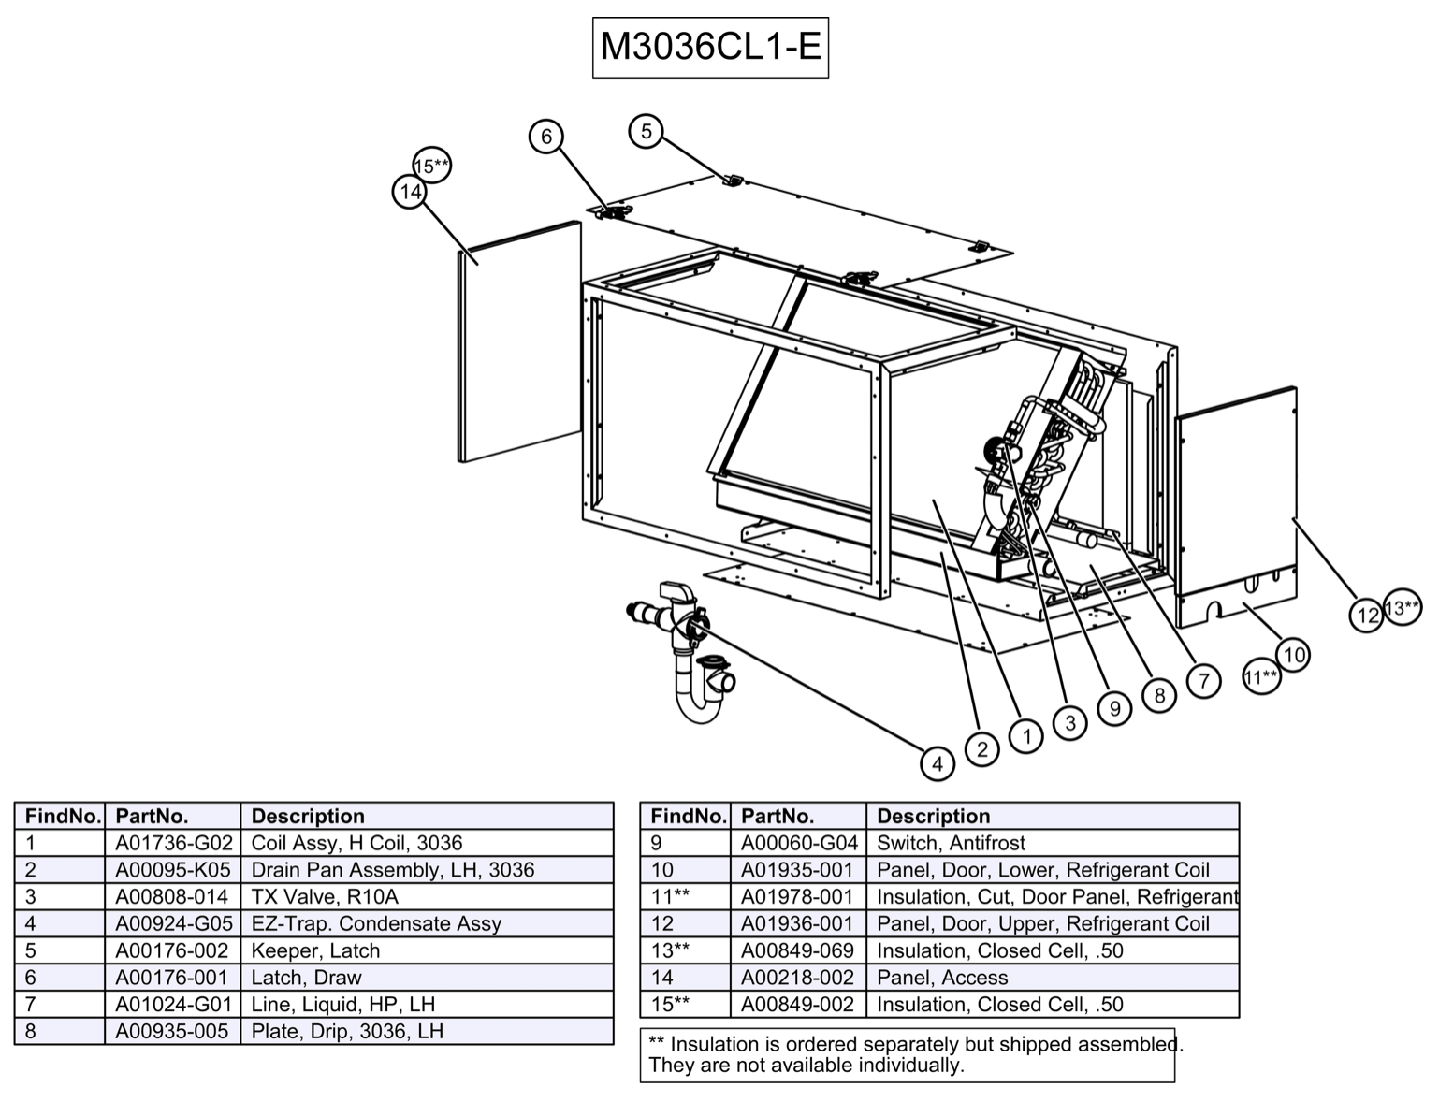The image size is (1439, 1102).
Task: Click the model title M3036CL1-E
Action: (x=710, y=46)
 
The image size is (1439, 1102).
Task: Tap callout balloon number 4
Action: (x=937, y=763)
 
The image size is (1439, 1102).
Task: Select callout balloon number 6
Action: (x=546, y=137)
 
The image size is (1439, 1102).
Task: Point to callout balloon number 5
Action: (x=646, y=131)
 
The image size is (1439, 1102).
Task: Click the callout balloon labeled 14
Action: (x=409, y=192)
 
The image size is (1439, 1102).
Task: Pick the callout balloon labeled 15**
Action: (x=431, y=167)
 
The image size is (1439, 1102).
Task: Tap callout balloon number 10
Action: (x=1293, y=655)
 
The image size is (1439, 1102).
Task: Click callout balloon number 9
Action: (x=1114, y=708)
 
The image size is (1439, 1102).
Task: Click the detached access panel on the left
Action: (x=519, y=341)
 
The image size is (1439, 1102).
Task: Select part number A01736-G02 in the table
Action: (x=173, y=843)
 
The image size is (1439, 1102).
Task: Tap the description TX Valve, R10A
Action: (x=325, y=896)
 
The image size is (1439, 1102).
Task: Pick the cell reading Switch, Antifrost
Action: (x=951, y=843)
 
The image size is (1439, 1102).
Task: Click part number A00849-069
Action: (x=797, y=950)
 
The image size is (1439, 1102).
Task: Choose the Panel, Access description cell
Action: (x=942, y=978)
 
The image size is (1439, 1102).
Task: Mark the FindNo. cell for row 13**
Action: (x=670, y=950)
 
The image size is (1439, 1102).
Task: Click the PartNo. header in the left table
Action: (x=152, y=816)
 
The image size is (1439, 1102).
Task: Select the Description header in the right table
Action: (x=933, y=816)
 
